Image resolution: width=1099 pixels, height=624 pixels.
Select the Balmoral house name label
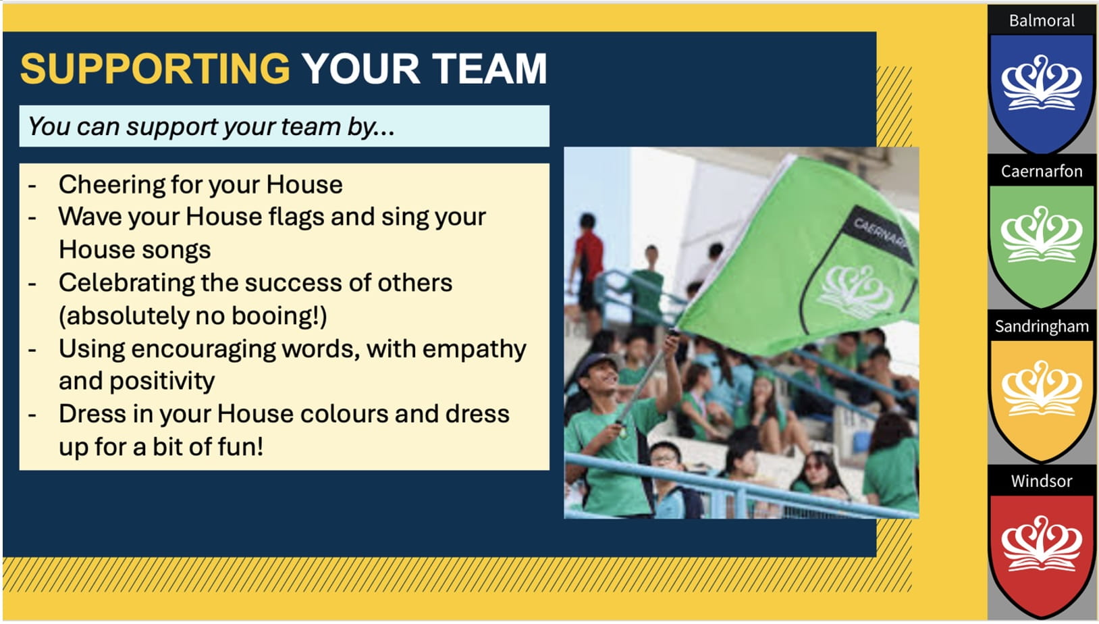[x=1042, y=21]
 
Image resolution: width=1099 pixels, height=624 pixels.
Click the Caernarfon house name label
[x=1042, y=172]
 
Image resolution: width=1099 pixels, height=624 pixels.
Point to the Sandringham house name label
[x=1042, y=326]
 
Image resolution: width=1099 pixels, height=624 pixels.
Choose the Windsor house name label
[x=1042, y=481]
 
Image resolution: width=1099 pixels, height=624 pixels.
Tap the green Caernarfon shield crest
[x=1042, y=245]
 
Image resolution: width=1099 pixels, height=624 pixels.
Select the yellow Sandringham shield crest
[x=1042, y=400]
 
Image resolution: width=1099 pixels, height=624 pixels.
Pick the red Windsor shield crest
[x=1042, y=554]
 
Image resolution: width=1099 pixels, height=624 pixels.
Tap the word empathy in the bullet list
[x=474, y=350]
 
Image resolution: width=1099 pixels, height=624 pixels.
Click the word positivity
[x=162, y=382]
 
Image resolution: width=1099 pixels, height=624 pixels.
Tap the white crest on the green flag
[x=856, y=292]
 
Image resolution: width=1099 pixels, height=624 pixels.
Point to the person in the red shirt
[x=587, y=267]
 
